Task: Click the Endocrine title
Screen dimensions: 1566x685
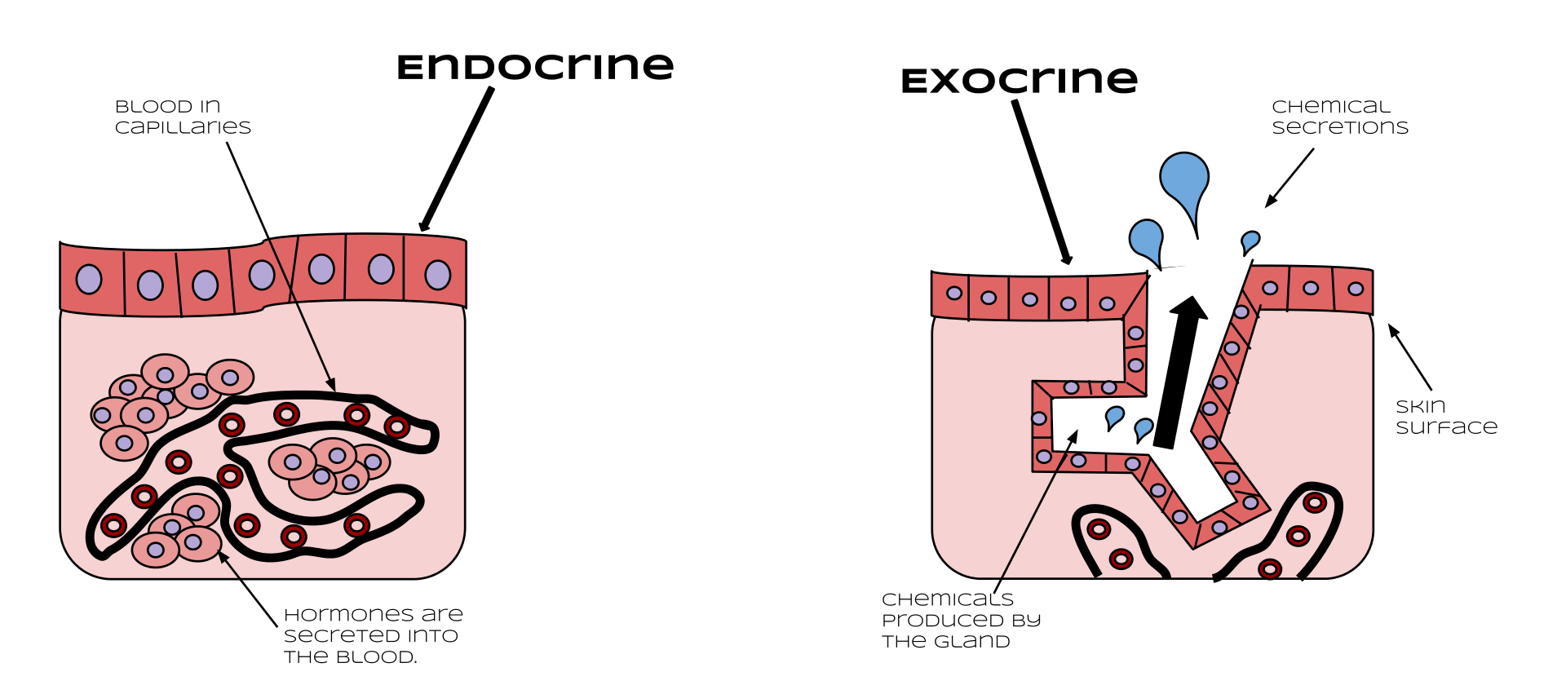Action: tap(535, 67)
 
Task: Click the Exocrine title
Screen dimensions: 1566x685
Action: tap(1019, 80)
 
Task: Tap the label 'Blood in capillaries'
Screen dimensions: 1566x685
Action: tap(183, 117)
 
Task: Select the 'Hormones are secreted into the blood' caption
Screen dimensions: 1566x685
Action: tap(374, 635)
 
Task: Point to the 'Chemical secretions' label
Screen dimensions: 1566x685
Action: tap(1340, 117)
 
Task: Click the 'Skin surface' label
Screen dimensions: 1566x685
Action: tap(1446, 417)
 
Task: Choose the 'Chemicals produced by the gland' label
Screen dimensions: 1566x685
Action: tap(962, 620)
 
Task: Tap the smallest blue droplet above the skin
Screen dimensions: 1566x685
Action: tap(1250, 243)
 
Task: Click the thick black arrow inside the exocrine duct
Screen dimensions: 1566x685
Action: tap(1179, 373)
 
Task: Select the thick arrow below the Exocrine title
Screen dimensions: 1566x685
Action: tap(1042, 183)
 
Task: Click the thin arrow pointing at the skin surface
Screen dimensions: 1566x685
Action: tap(1409, 357)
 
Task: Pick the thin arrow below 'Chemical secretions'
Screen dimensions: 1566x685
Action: tap(1290, 178)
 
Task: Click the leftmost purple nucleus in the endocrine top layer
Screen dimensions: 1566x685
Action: tap(89, 280)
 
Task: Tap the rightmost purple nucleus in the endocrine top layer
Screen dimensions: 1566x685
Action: tap(438, 276)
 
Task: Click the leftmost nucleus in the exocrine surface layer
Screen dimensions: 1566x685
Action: tap(954, 293)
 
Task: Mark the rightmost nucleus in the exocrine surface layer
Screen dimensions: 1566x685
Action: tap(1356, 289)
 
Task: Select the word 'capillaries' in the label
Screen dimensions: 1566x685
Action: tap(183, 127)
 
